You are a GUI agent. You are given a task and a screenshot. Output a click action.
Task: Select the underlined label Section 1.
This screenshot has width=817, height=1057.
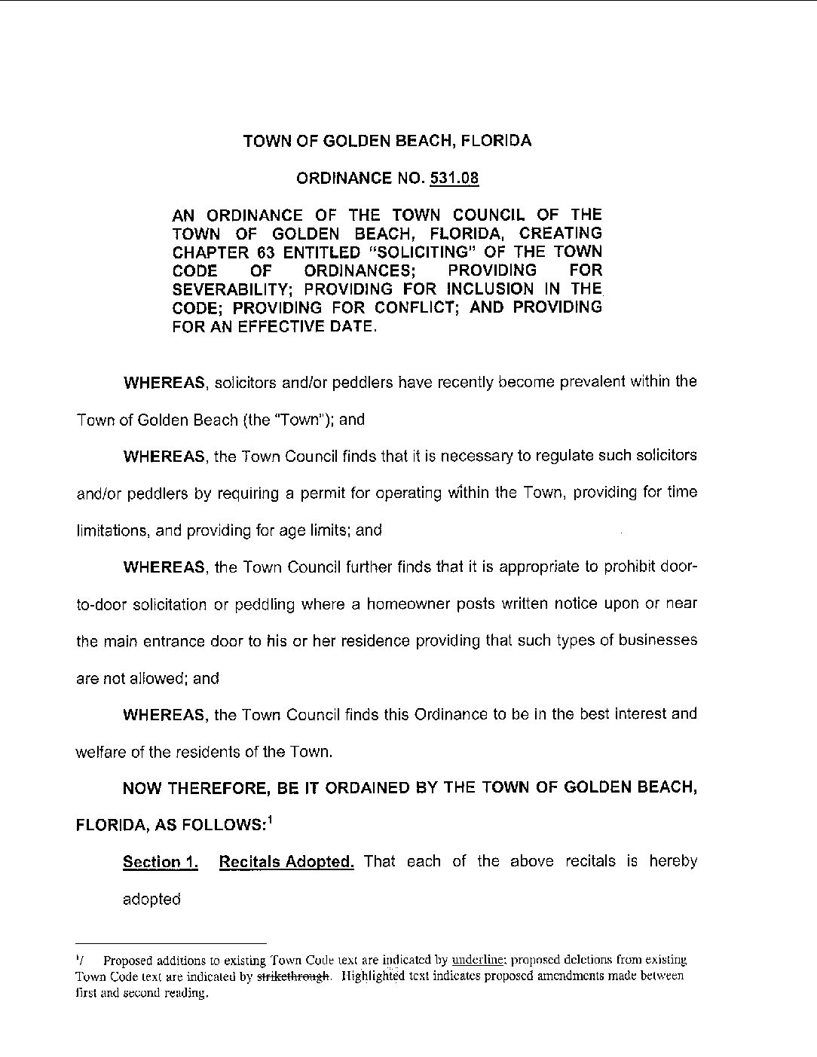click(x=161, y=862)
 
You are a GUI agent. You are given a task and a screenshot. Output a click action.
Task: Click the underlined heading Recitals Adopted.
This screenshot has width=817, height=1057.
click(x=286, y=862)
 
